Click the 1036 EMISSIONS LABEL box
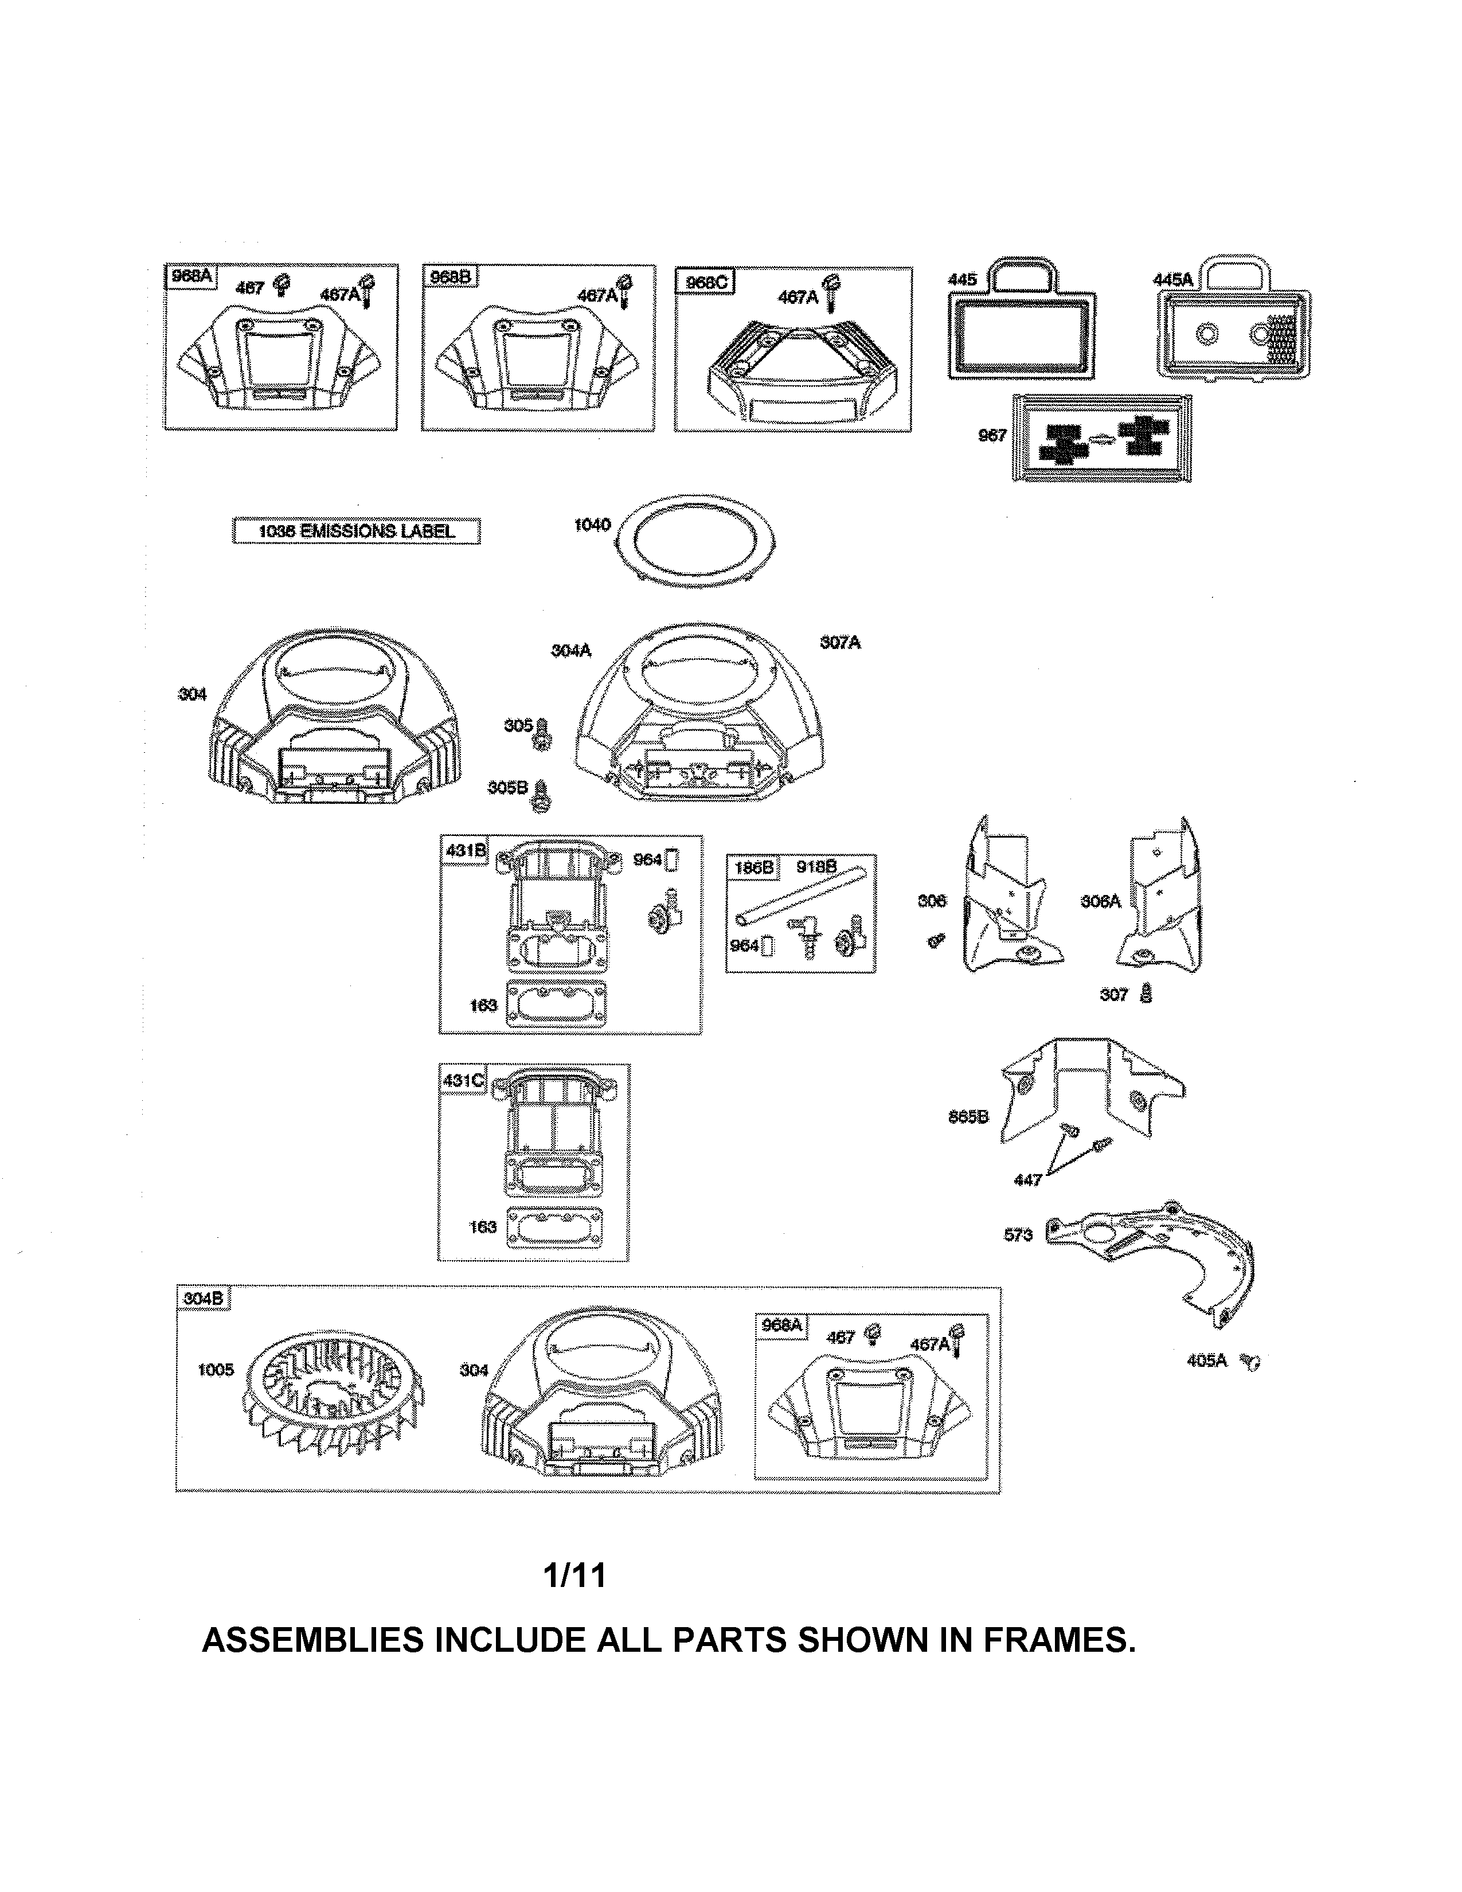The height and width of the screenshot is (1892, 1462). pos(356,531)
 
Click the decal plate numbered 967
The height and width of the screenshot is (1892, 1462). pos(1102,439)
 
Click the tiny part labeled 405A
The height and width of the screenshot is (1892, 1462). pos(1250,1362)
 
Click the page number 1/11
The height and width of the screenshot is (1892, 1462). pos(574,1574)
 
